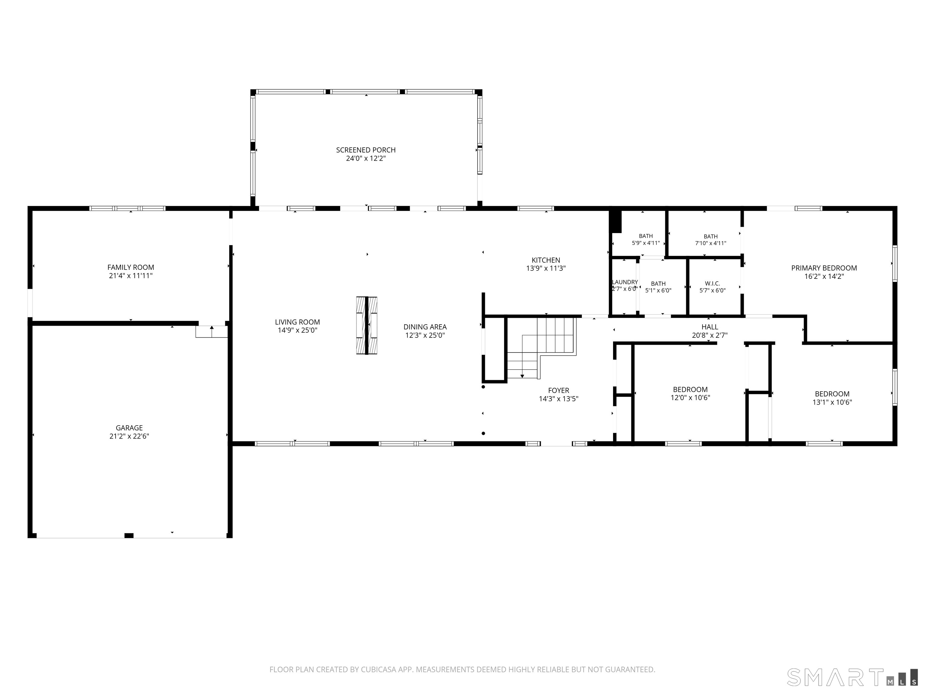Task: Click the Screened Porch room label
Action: [x=366, y=150]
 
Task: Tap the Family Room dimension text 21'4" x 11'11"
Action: [x=130, y=276]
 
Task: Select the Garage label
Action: [x=129, y=428]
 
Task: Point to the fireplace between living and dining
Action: [x=367, y=326]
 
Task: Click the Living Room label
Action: [x=297, y=322]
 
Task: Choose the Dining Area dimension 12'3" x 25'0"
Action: [x=425, y=335]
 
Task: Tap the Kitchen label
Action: [x=546, y=260]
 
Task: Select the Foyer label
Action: [x=559, y=391]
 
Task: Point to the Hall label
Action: [x=710, y=327]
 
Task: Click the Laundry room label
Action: [x=625, y=282]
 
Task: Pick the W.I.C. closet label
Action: [x=712, y=283]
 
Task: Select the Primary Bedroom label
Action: [x=824, y=268]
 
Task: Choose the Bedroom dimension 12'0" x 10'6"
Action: [x=690, y=398]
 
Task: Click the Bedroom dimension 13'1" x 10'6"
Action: [x=832, y=402]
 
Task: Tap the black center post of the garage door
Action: [x=129, y=535]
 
